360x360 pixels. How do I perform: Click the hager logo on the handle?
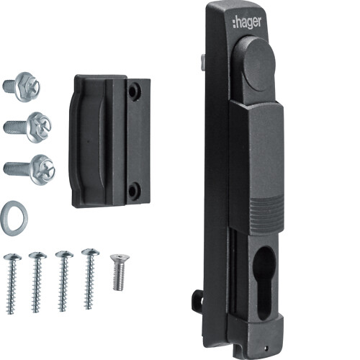click(x=246, y=23)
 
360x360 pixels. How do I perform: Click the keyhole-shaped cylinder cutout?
click(x=263, y=283)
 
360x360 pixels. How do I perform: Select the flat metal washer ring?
click(x=14, y=218)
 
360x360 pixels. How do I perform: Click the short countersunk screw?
click(x=120, y=272)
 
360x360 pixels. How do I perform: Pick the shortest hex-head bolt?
click(x=22, y=87)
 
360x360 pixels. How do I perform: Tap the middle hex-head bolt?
click(x=27, y=127)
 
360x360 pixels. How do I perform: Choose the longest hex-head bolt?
click(x=30, y=170)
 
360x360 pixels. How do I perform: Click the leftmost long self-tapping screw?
click(x=12, y=283)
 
